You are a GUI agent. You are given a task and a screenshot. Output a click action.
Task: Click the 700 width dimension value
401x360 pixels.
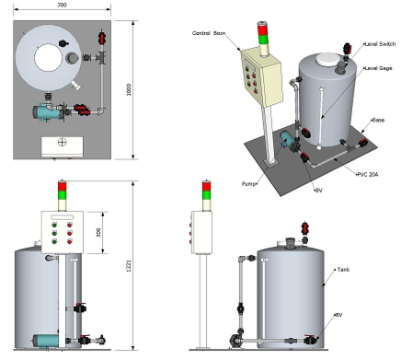[62, 6]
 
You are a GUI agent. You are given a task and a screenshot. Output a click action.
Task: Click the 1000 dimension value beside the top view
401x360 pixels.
[129, 89]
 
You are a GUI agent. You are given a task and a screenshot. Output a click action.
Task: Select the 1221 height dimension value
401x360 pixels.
[129, 266]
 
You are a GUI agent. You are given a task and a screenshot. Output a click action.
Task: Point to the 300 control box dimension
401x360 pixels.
[98, 232]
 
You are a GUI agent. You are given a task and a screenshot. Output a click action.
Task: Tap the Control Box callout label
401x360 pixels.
[208, 33]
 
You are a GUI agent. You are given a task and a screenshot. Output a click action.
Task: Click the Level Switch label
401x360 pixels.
[380, 44]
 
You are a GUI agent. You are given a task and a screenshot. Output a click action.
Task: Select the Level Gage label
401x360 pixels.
[379, 68]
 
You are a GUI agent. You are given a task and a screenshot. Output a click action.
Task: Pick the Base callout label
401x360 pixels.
[378, 120]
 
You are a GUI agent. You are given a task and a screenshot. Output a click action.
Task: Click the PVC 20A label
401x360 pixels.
[368, 175]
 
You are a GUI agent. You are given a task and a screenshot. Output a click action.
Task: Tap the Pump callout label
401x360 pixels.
[248, 184]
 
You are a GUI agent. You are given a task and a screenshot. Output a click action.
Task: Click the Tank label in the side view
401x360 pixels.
[343, 270]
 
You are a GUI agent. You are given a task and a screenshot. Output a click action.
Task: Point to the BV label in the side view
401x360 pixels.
[338, 315]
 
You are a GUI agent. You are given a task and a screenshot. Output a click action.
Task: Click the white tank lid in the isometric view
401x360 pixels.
[328, 59]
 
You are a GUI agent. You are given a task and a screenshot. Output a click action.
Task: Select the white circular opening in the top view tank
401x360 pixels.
[48, 58]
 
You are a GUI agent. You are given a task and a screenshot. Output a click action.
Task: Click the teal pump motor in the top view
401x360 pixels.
[43, 111]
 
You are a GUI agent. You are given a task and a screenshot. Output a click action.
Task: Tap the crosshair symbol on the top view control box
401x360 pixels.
[63, 142]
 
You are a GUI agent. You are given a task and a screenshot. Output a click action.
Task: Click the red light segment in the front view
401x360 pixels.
[63, 186]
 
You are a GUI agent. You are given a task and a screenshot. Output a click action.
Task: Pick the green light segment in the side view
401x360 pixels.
[207, 194]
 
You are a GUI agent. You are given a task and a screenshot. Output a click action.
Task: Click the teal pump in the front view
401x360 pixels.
[46, 340]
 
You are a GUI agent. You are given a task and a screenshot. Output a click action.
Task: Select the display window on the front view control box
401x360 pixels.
[63, 217]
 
